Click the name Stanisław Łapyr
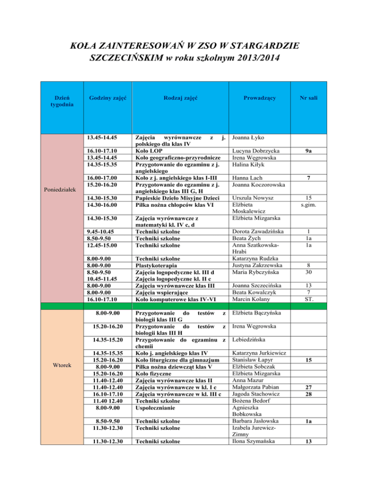[252, 359]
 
